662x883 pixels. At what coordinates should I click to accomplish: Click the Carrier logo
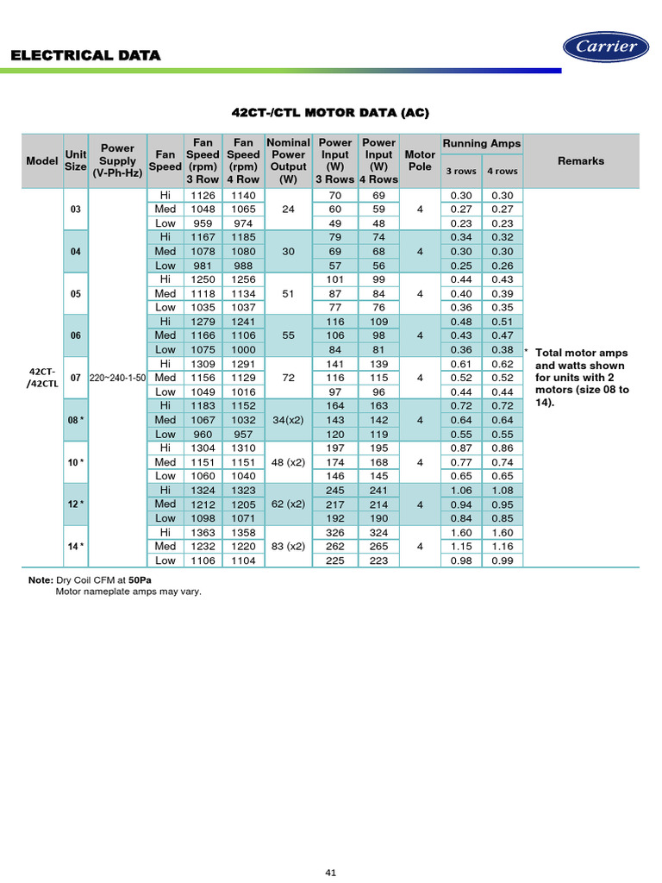pos(606,47)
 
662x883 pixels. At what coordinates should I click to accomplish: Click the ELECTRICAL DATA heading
pos(85,55)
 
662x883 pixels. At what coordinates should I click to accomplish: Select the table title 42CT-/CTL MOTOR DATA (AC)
pos(330,113)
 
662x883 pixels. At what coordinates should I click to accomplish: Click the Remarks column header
pos(581,160)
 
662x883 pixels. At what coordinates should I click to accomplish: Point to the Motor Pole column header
pos(420,160)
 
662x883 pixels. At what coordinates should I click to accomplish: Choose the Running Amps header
pos(482,143)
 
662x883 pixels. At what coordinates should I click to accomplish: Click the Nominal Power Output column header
pos(288,160)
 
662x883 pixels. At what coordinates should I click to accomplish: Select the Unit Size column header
pos(76,160)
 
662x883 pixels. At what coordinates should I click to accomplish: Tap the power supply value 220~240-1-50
pos(117,378)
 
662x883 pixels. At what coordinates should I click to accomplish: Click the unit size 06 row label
pos(76,335)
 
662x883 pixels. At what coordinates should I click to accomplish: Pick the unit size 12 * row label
pos(76,504)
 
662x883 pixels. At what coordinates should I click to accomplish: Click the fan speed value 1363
pos(203,532)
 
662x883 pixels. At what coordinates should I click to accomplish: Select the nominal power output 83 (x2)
pos(288,546)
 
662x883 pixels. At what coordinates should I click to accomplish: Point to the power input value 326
pos(334,532)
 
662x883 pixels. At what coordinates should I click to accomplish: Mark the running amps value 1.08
pos(502,490)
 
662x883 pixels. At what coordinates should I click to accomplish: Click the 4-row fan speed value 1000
pos(243,349)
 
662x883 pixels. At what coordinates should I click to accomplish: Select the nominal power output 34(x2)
pos(288,420)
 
